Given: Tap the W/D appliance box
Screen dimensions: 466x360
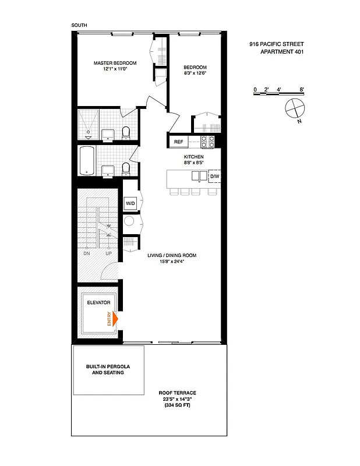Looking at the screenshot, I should pyautogui.click(x=130, y=203).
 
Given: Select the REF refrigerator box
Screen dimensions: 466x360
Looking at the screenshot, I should pyautogui.click(x=178, y=142).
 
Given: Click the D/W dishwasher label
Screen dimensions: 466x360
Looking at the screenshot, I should pyautogui.click(x=214, y=176).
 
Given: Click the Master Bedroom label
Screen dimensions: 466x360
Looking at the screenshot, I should pyautogui.click(x=115, y=63).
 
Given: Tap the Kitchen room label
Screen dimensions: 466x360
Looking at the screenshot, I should pyautogui.click(x=193, y=157).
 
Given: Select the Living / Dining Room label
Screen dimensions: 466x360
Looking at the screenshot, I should pyautogui.click(x=172, y=255).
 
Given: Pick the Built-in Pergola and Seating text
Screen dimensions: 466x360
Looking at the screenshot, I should pyautogui.click(x=108, y=369).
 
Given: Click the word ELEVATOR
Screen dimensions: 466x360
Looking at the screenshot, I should pyautogui.click(x=98, y=303).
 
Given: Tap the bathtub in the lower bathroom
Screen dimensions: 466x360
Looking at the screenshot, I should pyautogui.click(x=86, y=161).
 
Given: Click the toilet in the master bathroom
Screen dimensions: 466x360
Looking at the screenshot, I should pyautogui.click(x=125, y=132).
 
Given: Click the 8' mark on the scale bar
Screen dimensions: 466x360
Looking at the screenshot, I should pyautogui.click(x=302, y=89).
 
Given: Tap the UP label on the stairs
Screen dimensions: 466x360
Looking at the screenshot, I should pyautogui.click(x=108, y=253).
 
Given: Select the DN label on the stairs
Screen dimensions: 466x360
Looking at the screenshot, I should pyautogui.click(x=87, y=253).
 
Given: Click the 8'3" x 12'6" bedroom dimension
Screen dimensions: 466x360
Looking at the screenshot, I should pyautogui.click(x=196, y=73).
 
